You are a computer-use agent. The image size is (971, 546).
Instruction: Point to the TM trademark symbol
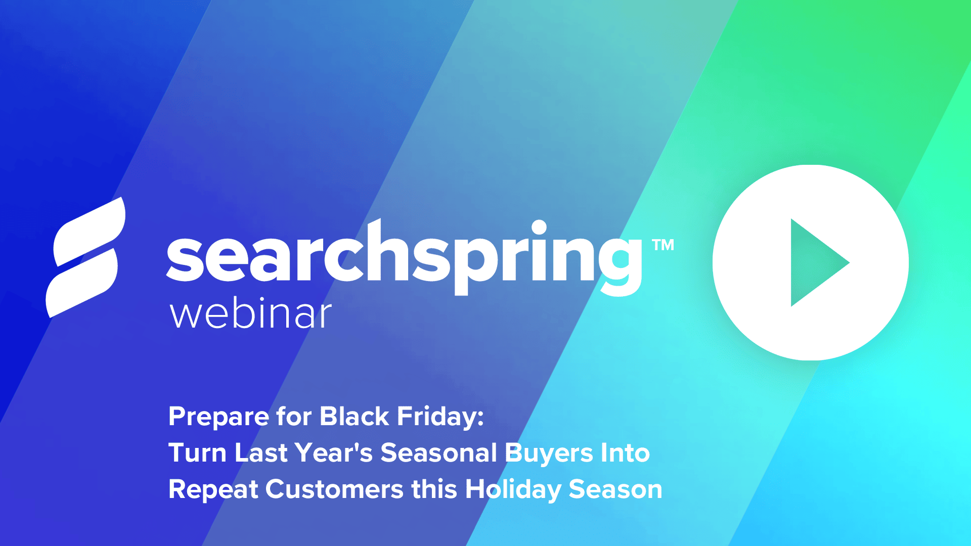tap(663, 245)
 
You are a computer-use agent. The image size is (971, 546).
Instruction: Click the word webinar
tap(251, 314)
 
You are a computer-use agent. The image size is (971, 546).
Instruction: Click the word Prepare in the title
tap(218, 417)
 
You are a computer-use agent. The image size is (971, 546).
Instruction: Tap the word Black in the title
tap(354, 417)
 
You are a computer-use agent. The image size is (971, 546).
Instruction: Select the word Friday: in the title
tap(440, 417)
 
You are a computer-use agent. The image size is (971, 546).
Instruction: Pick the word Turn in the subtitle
tap(197, 453)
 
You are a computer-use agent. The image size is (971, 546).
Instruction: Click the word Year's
tap(334, 453)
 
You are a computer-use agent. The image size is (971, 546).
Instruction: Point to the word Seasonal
tap(438, 453)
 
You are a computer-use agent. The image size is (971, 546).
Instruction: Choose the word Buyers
tap(549, 453)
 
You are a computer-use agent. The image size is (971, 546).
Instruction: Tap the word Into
tap(625, 453)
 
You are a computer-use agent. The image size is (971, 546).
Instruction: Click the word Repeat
tap(213, 490)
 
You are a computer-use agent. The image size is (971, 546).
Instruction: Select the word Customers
tap(334, 489)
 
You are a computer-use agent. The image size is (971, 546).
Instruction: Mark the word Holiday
tap(513, 490)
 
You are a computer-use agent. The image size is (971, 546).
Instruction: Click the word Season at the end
tap(615, 489)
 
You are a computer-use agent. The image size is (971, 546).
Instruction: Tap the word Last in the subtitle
tap(261, 453)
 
